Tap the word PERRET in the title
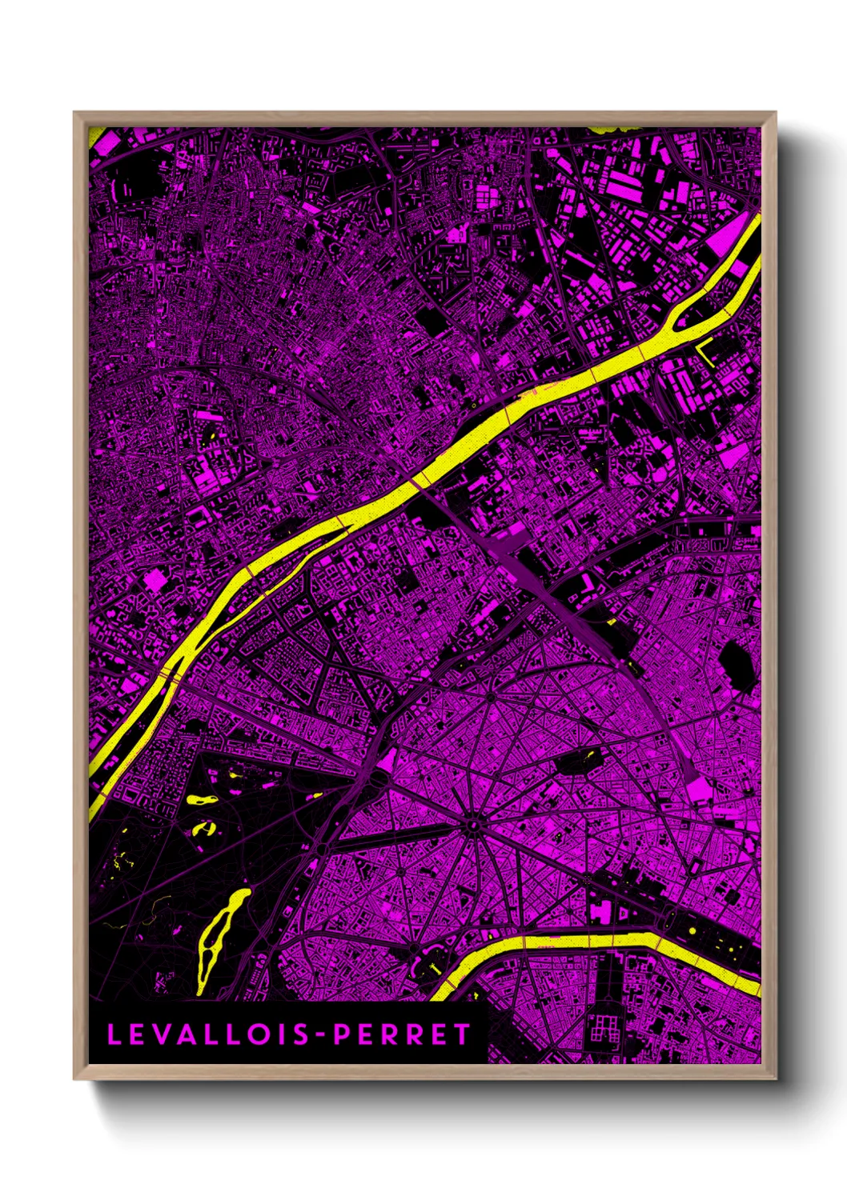[x=403, y=1034]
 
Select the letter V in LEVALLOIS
[x=157, y=1034]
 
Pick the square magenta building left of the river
[x=154, y=582]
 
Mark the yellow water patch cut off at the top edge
[x=616, y=128]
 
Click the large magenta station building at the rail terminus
[x=697, y=789]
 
